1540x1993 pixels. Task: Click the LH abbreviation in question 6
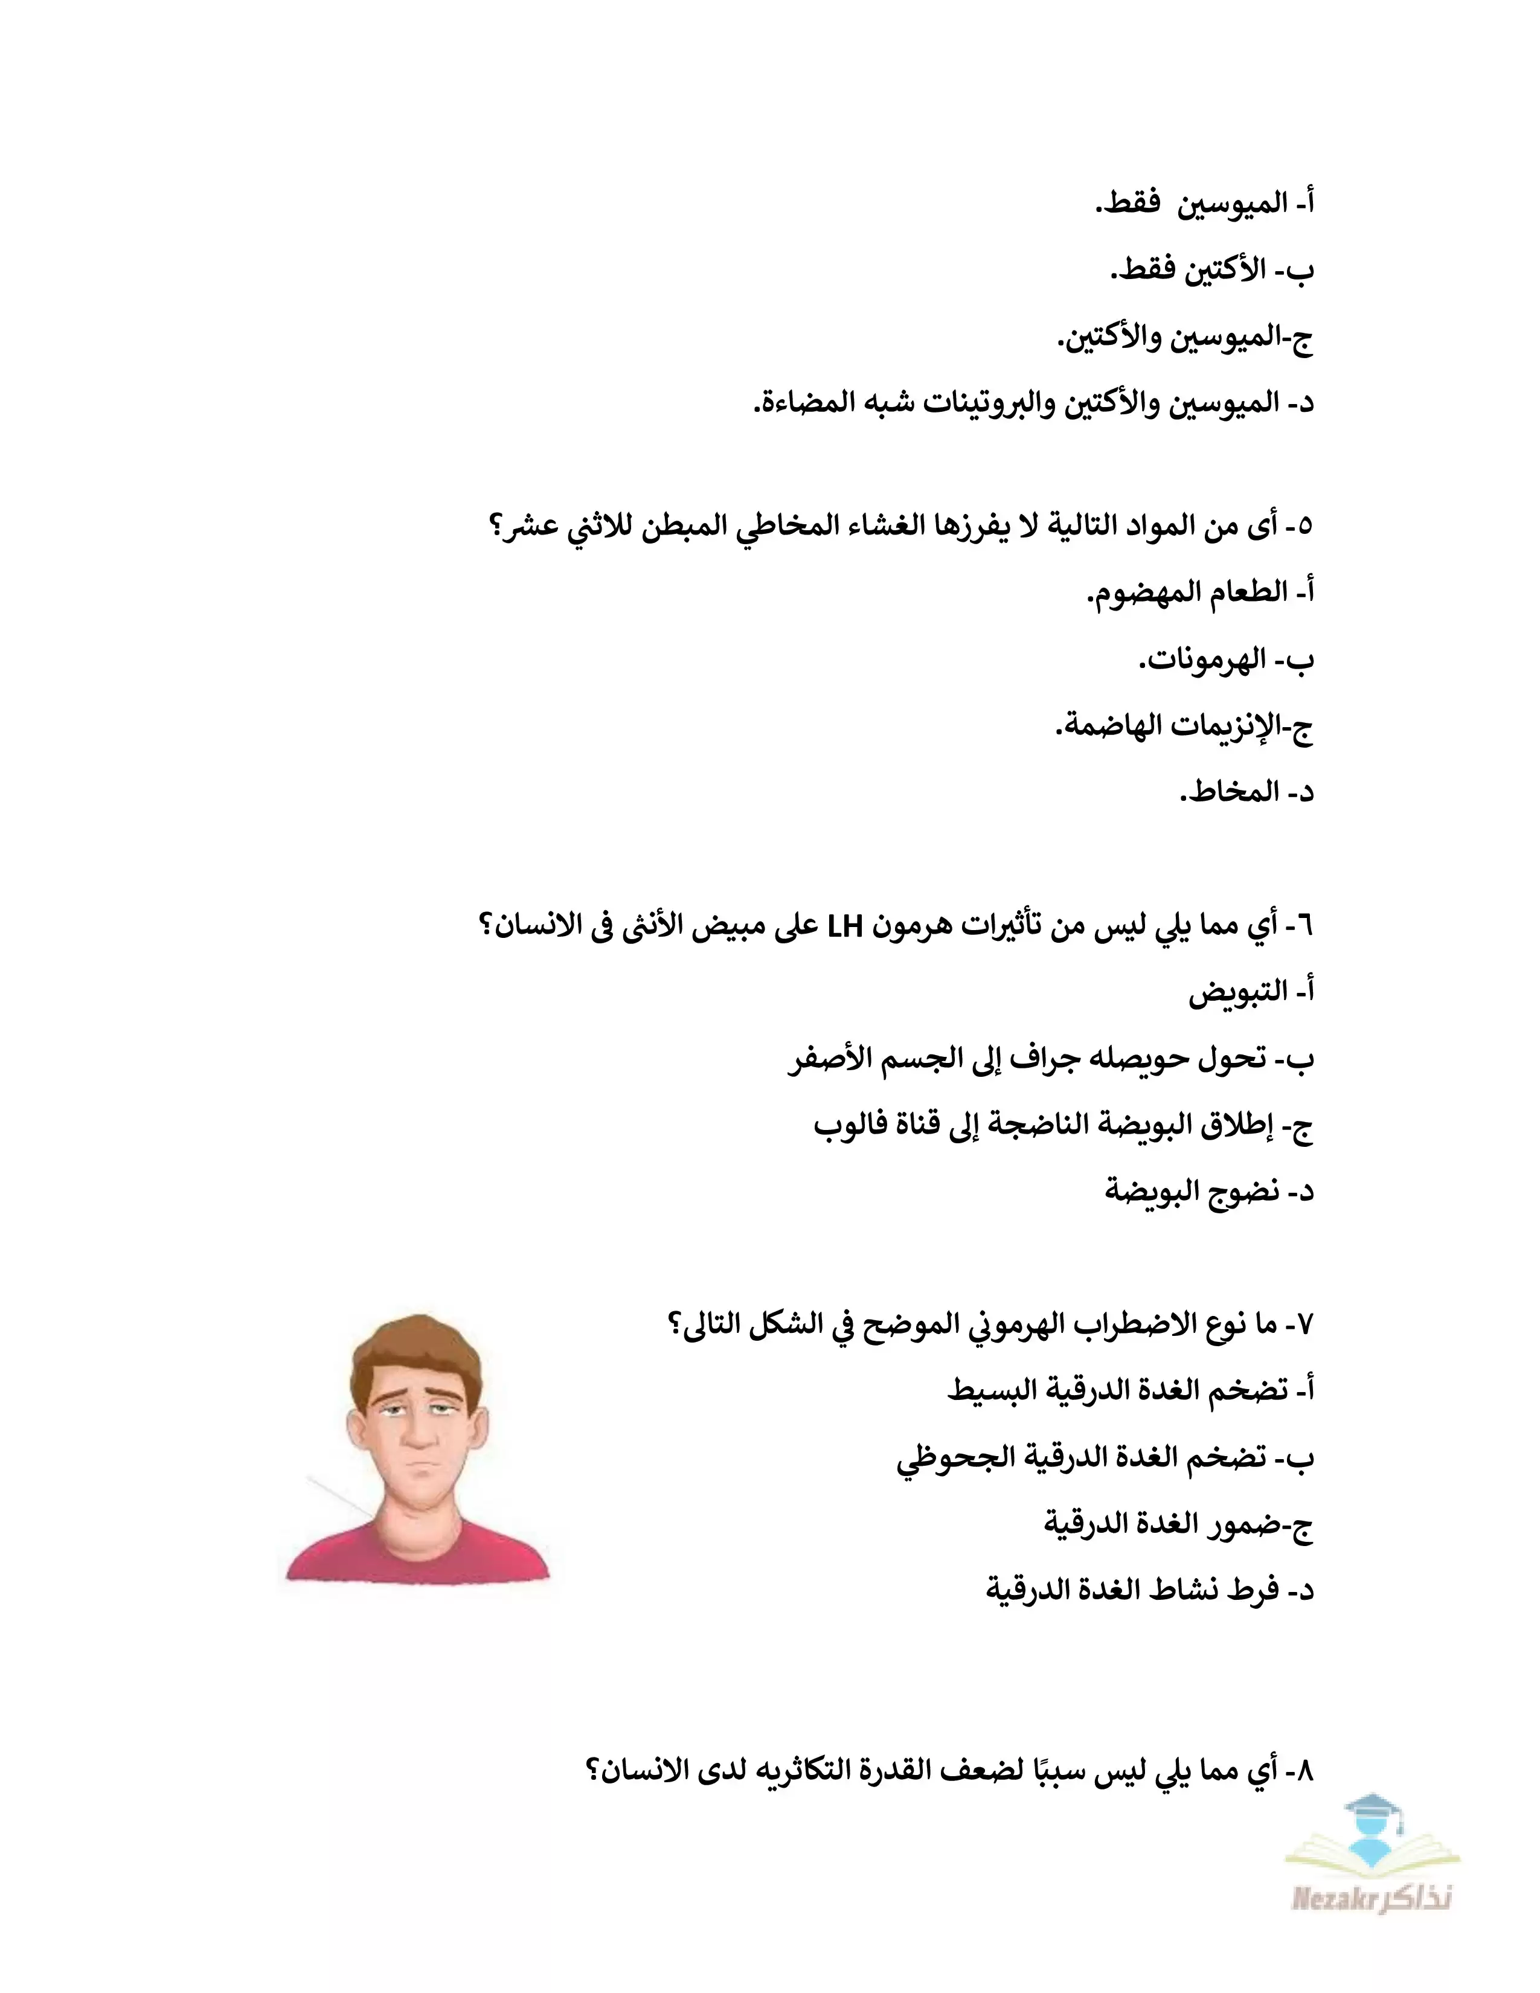(845, 926)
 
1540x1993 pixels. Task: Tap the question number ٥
(1303, 527)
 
